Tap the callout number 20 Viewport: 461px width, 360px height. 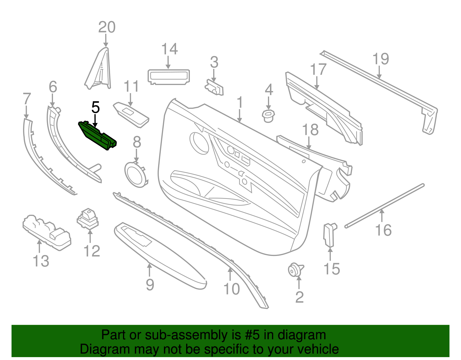107,27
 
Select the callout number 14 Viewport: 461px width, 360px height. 169,49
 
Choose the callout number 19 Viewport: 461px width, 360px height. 381,59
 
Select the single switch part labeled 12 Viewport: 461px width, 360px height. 88,219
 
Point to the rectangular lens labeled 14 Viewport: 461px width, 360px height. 169,77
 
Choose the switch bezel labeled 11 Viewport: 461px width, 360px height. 131,115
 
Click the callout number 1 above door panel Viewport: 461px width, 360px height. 239,103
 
